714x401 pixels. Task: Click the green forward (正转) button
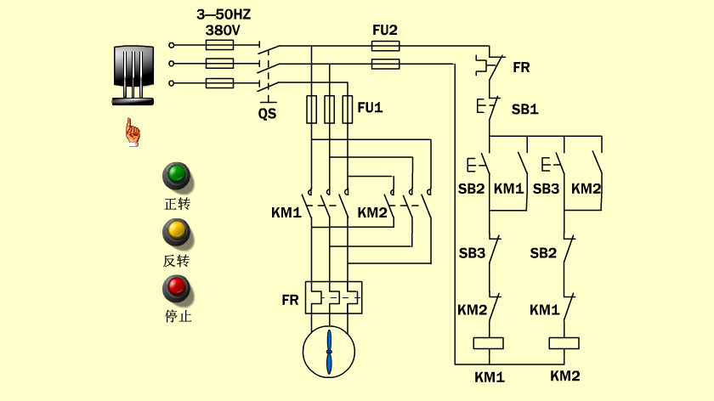point(177,175)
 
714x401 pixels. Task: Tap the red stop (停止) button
point(177,289)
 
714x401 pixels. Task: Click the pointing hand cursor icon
point(133,132)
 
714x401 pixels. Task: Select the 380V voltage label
point(222,31)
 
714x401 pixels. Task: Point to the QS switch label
point(267,113)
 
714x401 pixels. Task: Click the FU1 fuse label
point(370,107)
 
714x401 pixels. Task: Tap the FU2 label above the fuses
point(385,30)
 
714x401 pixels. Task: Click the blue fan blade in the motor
point(329,353)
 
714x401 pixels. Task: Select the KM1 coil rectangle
point(489,343)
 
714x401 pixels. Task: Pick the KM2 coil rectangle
point(564,343)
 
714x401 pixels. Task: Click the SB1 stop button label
point(524,110)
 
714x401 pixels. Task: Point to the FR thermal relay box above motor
point(334,297)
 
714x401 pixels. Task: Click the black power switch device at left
point(133,75)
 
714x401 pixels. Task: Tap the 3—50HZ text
point(224,14)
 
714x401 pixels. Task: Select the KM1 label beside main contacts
point(286,212)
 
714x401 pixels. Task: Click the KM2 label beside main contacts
point(372,212)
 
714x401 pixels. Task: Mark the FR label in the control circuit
point(521,67)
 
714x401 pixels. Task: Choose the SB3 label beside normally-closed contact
point(472,253)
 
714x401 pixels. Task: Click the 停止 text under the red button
point(178,316)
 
